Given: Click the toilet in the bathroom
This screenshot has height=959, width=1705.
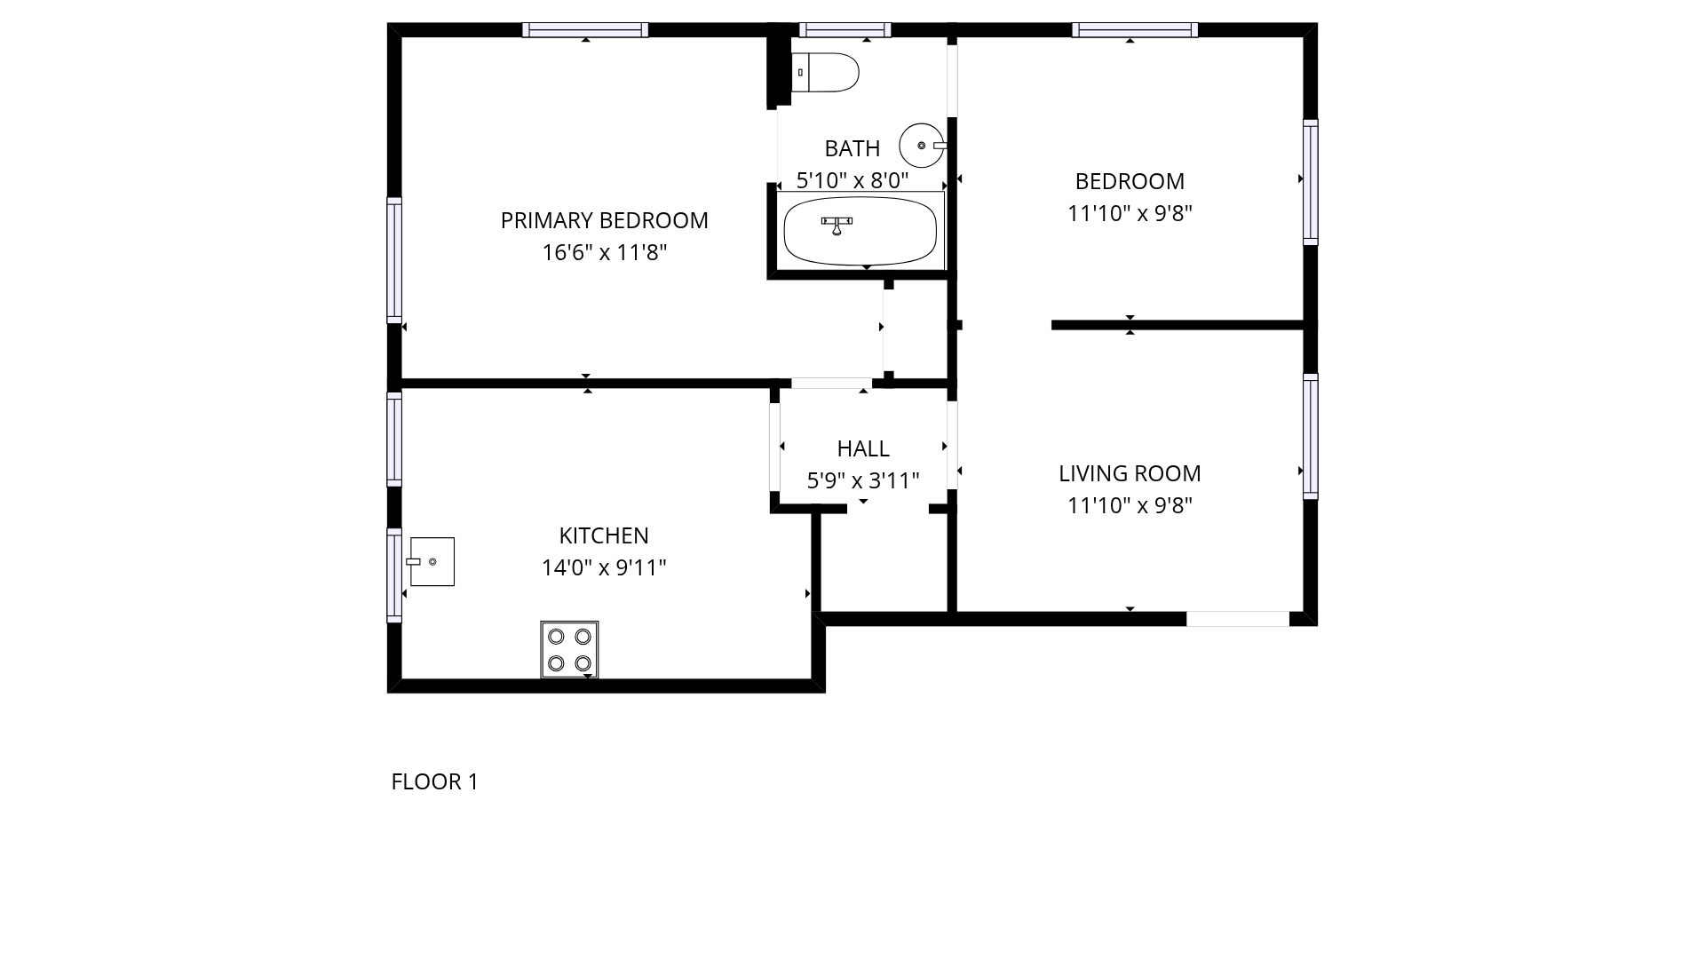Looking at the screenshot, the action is (825, 73).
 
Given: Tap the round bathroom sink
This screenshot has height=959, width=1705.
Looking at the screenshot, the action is (923, 146).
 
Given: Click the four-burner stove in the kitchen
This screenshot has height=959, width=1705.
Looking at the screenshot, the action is (569, 650).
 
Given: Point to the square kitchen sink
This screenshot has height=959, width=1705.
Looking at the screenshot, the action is (432, 561).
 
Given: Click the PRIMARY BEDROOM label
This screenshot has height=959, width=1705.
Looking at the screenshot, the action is (605, 220).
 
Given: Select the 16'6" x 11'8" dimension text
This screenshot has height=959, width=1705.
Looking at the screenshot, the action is (605, 253).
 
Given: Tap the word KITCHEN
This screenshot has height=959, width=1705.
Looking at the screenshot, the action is (604, 535).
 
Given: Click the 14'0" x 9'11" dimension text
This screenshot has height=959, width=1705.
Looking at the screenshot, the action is (604, 567).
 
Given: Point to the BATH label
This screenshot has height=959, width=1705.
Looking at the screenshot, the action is (852, 148).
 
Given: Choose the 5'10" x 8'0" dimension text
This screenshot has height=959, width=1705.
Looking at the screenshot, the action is (852, 181).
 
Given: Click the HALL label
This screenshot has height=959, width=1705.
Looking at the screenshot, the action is (863, 448).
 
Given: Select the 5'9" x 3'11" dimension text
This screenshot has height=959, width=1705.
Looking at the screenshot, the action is (863, 481).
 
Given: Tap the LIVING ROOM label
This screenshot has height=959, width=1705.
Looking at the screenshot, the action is (1130, 473).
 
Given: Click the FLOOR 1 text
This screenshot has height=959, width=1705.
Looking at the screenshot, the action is (435, 781).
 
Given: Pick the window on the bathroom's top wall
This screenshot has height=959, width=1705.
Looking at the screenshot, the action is (845, 30).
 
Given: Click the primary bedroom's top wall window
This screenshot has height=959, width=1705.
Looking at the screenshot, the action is (585, 30).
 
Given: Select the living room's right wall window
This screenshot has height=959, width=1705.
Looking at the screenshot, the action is (1311, 437).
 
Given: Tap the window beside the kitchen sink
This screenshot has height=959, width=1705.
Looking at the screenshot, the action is (394, 575).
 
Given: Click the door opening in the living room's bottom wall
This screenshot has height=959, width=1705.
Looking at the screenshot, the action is (1238, 619).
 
